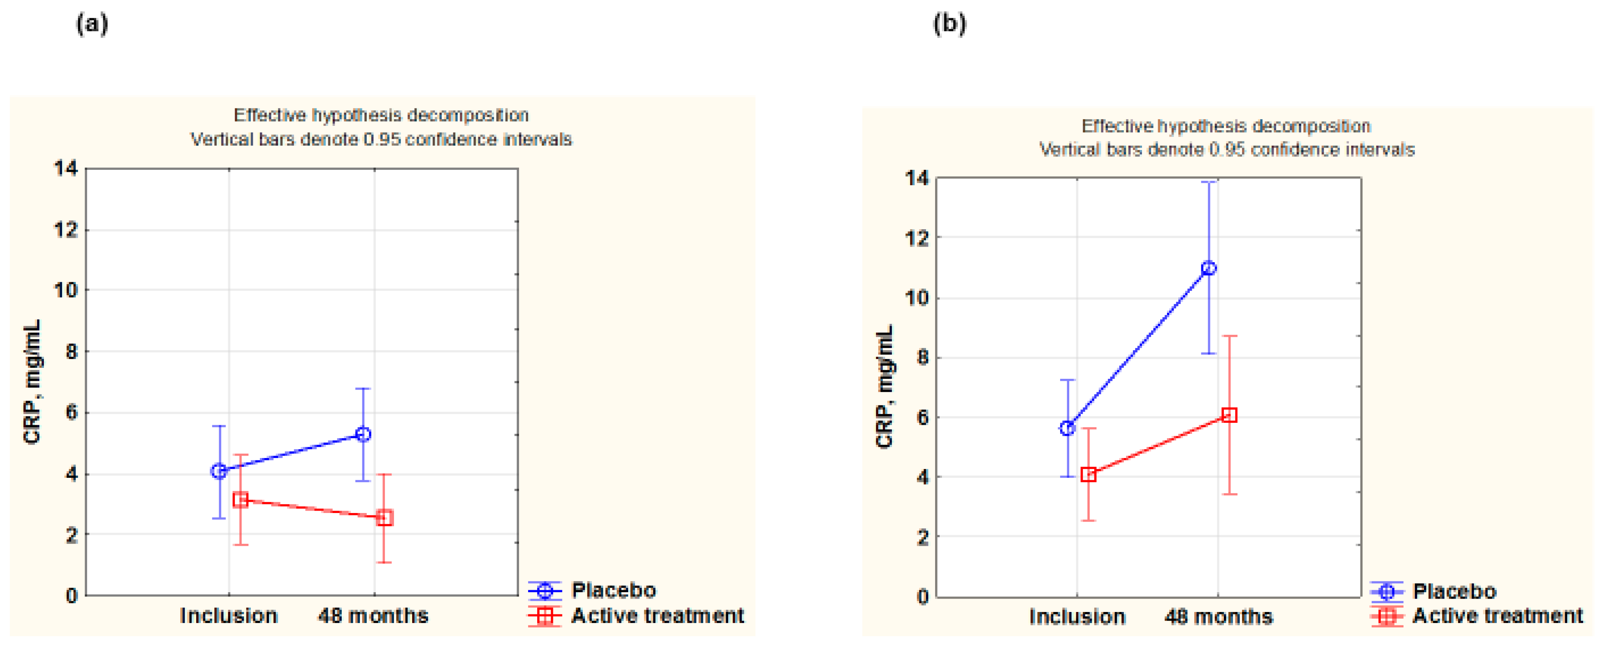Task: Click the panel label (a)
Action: click(91, 24)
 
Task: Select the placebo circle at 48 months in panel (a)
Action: click(363, 434)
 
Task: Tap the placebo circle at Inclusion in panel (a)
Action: click(219, 471)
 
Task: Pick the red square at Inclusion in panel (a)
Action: click(241, 500)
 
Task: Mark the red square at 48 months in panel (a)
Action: click(384, 518)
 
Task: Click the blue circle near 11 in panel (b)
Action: click(1208, 268)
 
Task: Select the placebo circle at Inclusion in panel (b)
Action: click(1067, 428)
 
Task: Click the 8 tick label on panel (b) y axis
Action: click(923, 357)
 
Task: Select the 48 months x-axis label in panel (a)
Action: click(373, 616)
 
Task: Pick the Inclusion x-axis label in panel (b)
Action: click(1077, 617)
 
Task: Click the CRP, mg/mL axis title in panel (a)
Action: click(32, 381)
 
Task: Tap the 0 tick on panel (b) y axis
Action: click(923, 597)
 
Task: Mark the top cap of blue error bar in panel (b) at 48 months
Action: click(1208, 182)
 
